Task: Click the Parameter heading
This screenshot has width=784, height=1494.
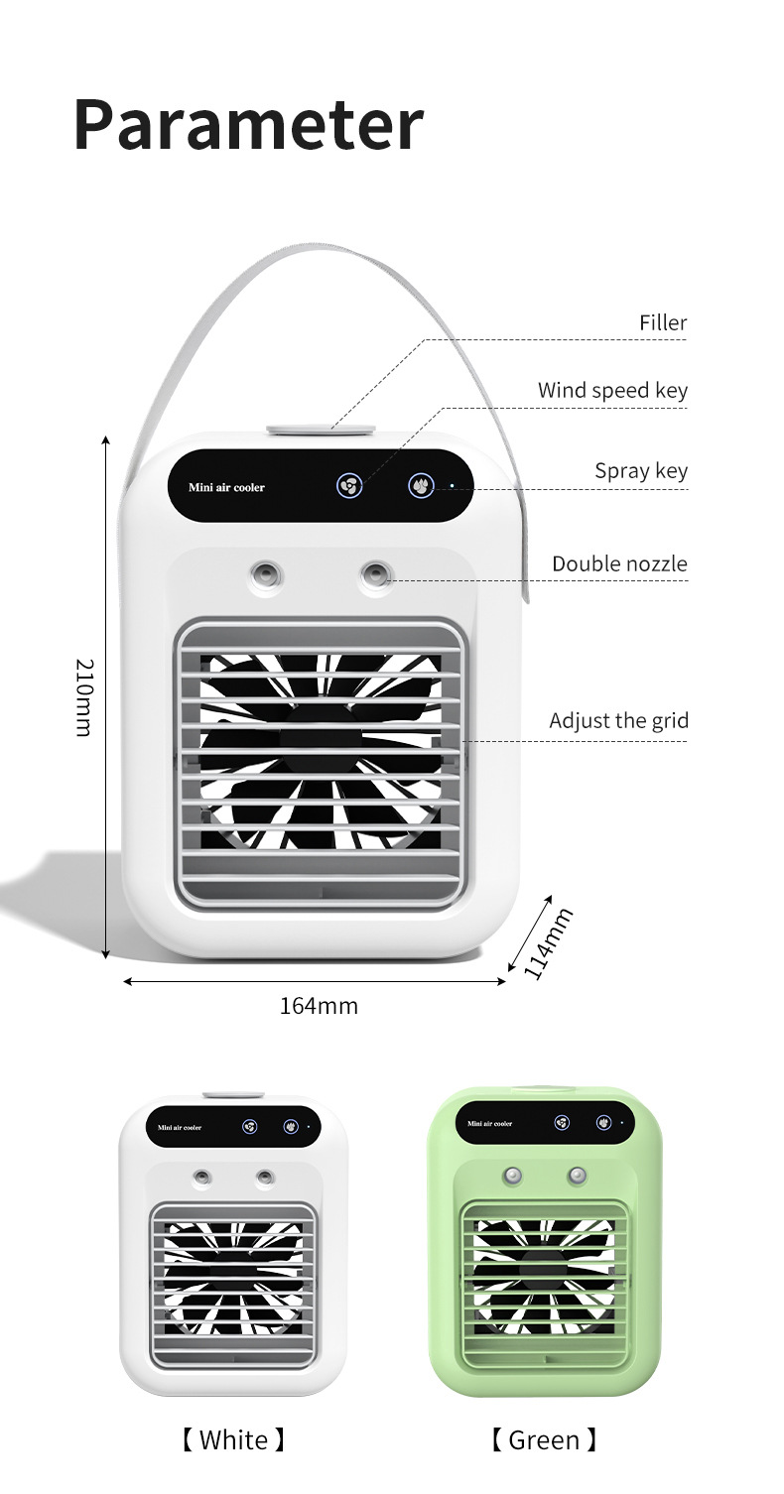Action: (x=248, y=125)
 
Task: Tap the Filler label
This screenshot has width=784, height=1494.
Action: (x=662, y=322)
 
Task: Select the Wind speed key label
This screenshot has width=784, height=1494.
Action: (x=612, y=390)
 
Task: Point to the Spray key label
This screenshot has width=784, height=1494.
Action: (x=640, y=470)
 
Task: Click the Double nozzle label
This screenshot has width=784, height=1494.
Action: (x=619, y=563)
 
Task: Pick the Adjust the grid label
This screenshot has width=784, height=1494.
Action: (x=618, y=720)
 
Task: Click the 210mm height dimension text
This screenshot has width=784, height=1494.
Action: (x=84, y=697)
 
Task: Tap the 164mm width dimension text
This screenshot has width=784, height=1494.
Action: (x=318, y=1006)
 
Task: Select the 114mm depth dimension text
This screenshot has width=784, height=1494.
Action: (x=548, y=943)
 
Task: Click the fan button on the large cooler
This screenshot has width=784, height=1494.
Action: (x=349, y=486)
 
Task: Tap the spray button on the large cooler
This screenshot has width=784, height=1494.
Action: (x=422, y=486)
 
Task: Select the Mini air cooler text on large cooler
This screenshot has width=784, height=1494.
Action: (x=226, y=488)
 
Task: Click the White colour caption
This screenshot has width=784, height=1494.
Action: (x=233, y=1439)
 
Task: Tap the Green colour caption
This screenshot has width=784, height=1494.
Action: (x=544, y=1439)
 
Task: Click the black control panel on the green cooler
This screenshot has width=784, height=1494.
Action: (x=544, y=1123)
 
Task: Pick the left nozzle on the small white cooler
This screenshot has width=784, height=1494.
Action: (x=202, y=1178)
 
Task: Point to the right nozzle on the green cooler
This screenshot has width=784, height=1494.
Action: (x=578, y=1176)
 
